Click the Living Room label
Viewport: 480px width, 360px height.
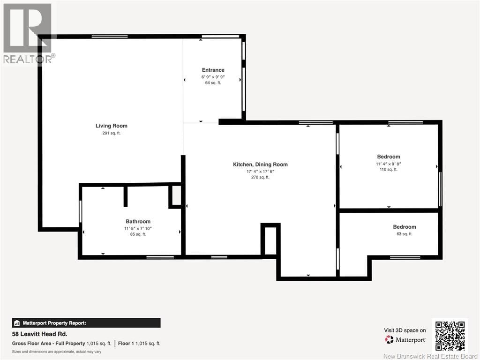click(112, 126)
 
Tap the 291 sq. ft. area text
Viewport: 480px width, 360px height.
click(112, 133)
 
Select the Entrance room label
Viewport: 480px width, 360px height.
click(213, 70)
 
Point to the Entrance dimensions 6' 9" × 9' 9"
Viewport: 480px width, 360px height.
click(213, 77)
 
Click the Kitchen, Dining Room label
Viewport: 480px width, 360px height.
click(260, 165)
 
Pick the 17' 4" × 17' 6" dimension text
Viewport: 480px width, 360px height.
click(260, 172)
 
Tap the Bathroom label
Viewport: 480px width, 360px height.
click(138, 222)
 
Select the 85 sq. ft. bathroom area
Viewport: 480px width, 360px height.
click(138, 234)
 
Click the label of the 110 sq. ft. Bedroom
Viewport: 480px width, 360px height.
click(389, 157)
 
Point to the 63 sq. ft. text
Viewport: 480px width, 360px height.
click(404, 234)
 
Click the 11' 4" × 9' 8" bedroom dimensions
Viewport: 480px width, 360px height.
click(389, 164)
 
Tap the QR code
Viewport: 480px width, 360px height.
click(450, 336)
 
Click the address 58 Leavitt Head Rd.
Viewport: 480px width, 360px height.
click(40, 334)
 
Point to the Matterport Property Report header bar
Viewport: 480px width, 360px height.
click(86, 323)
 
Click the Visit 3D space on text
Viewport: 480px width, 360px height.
click(405, 330)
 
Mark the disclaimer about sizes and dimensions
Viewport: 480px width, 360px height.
click(57, 352)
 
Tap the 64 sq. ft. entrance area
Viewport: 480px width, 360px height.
click(213, 82)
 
